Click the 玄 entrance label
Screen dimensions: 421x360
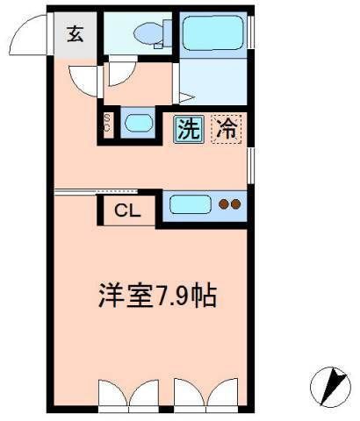pyautogui.click(x=75, y=35)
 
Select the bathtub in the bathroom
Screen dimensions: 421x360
pyautogui.click(x=213, y=37)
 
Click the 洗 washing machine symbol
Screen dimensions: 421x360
pyautogui.click(x=187, y=129)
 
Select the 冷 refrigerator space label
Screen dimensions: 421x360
pyautogui.click(x=226, y=129)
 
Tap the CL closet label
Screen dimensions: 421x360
pyautogui.click(x=126, y=211)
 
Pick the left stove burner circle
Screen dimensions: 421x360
pyautogui.click(x=223, y=205)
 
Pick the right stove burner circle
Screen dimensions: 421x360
pyautogui.click(x=235, y=205)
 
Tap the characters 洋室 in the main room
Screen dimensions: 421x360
pyautogui.click(x=120, y=295)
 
